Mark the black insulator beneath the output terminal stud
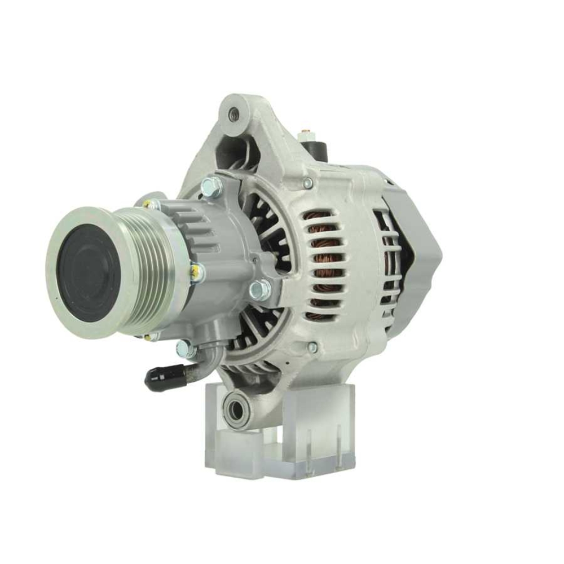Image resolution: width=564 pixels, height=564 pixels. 315,149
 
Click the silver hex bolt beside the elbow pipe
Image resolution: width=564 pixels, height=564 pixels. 185,349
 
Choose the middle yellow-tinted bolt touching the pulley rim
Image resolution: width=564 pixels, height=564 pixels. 197,272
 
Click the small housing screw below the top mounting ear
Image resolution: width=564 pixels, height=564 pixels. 307,183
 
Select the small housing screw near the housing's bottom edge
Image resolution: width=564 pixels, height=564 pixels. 312,347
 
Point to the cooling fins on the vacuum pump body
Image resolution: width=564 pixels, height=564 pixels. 200,226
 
